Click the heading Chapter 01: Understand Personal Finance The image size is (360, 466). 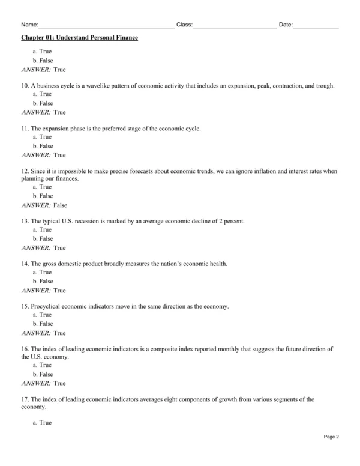(79, 38)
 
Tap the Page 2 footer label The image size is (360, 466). (331, 453)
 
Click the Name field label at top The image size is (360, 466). (29, 25)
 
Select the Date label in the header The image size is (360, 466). (286, 25)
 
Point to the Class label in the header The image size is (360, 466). (184, 25)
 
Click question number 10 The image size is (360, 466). (25, 86)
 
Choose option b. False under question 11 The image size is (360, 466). (43, 146)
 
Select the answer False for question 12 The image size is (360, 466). (60, 205)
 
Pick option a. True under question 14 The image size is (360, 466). (42, 273)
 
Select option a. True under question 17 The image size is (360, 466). (42, 423)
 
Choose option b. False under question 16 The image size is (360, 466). (43, 374)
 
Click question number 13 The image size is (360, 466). (25, 222)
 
